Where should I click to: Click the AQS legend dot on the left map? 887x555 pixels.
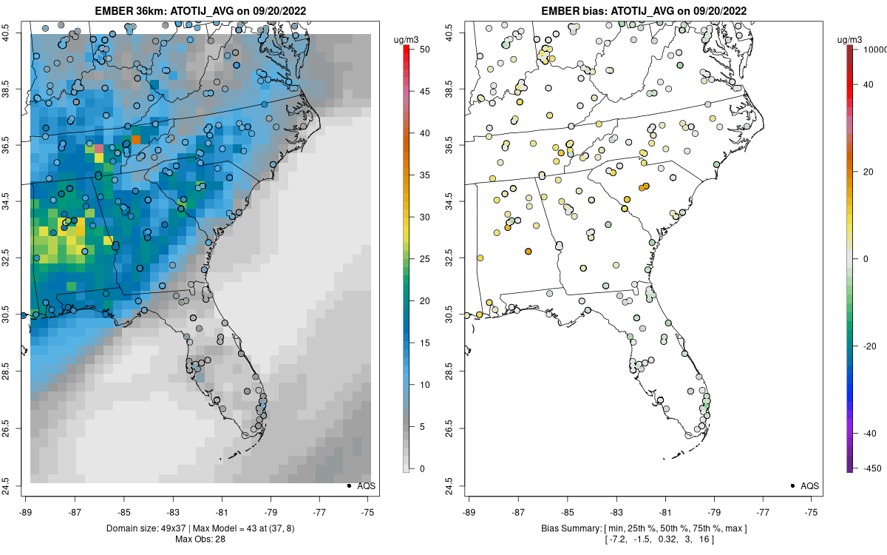coord(348,485)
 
